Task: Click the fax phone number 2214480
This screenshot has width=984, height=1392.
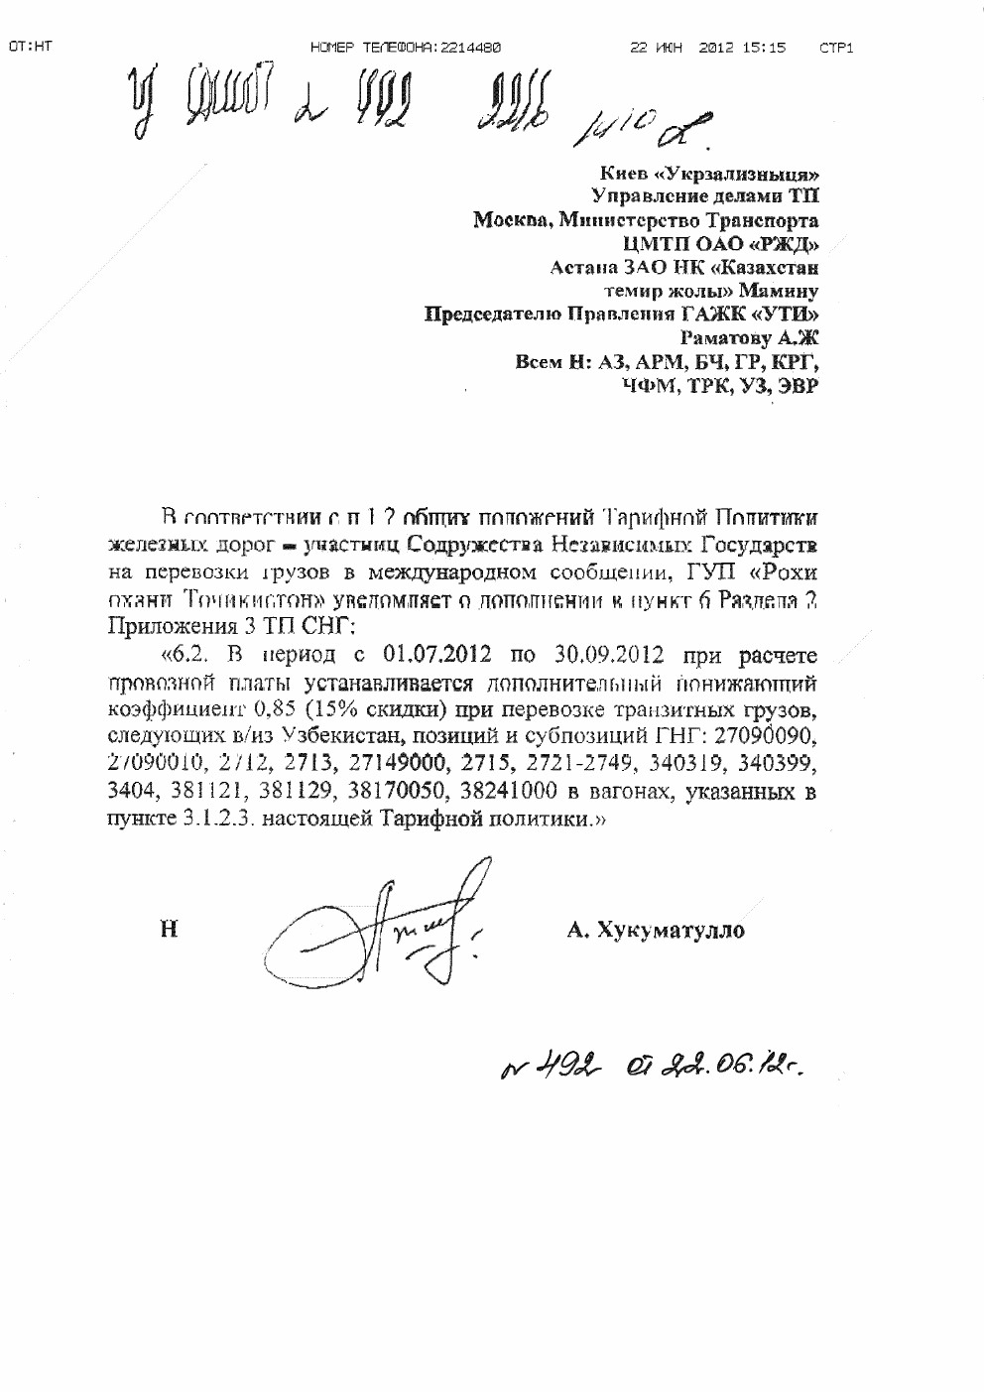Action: (469, 47)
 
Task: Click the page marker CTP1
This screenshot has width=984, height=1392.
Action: (836, 47)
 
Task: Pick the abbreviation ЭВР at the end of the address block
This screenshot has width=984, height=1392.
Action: (799, 387)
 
